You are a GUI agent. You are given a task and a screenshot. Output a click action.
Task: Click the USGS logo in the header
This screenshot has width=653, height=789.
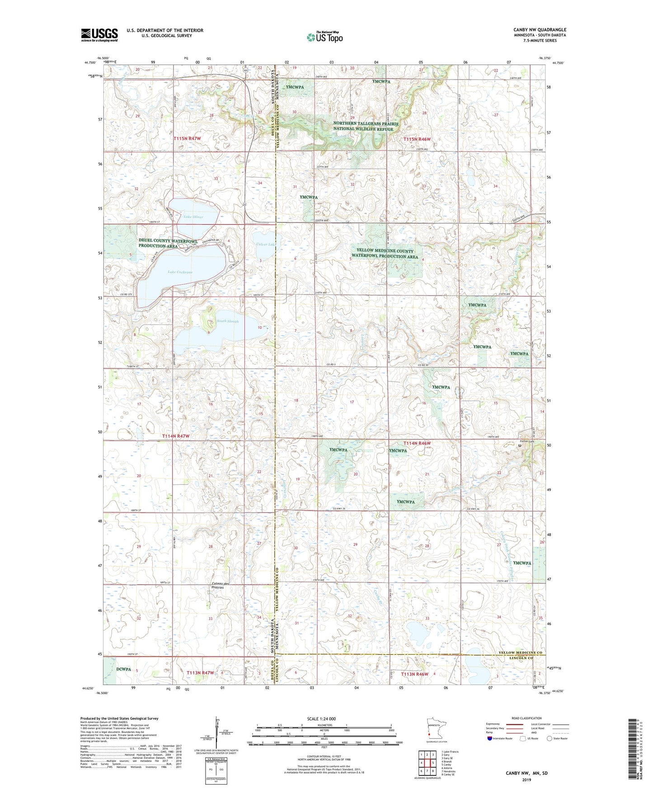(x=99, y=35)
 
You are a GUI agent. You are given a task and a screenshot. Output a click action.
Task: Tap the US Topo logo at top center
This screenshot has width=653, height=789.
(x=324, y=37)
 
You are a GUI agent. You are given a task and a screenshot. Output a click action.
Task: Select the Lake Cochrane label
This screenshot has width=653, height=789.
(x=180, y=272)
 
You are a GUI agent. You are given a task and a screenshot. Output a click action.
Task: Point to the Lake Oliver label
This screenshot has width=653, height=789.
(x=193, y=217)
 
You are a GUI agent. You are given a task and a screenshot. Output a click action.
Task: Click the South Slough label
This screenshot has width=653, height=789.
(x=227, y=321)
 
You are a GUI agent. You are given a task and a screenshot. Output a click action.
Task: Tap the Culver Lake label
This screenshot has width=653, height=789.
(x=265, y=244)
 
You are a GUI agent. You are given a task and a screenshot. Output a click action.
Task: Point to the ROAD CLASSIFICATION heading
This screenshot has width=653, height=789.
(x=526, y=718)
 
